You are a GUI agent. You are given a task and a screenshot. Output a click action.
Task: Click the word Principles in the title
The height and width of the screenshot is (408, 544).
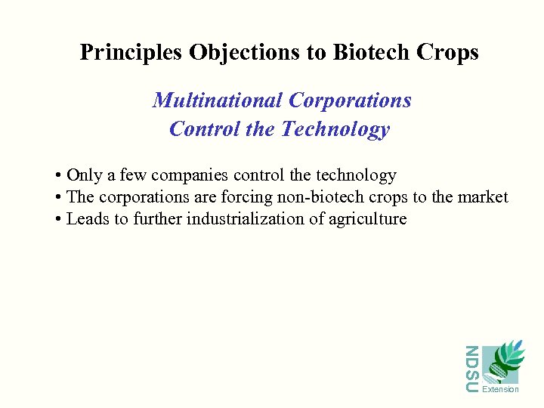pos(131,53)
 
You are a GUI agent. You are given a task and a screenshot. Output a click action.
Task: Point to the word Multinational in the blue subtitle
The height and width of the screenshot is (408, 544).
pos(218,100)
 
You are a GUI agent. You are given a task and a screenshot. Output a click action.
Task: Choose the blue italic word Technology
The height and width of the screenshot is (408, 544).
pos(335,129)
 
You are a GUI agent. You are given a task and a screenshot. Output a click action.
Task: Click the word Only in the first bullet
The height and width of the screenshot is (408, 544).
pos(84,176)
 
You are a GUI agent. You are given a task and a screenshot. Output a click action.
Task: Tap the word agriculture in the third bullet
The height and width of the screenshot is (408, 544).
pos(370,220)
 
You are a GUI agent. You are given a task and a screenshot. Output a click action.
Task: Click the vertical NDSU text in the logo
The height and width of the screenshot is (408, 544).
pos(471,369)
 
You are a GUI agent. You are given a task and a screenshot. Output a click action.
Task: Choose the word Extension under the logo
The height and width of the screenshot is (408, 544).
pos(500,390)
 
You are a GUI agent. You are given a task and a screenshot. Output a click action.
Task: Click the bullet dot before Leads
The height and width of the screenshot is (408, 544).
pos(58,221)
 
